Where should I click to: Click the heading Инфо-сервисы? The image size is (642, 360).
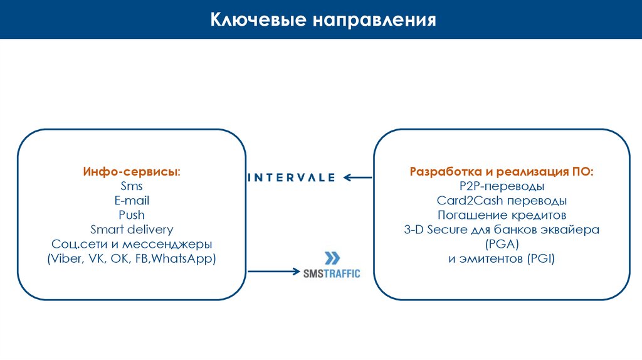pos(131,172)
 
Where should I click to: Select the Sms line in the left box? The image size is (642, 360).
pos(132,186)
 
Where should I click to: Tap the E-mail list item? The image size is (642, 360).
pos(132,201)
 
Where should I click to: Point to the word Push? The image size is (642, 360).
pos(132,215)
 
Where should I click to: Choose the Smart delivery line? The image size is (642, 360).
pos(132,230)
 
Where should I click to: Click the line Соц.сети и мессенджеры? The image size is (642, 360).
pos(132,244)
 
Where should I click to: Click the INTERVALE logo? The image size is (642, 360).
pos(292,177)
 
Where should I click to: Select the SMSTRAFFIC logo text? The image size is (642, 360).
pos(332,273)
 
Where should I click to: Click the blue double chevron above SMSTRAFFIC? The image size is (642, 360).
pos(332,258)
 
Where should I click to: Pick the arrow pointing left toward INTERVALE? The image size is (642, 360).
pos(358,178)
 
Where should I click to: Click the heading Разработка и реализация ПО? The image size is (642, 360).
pos(502,172)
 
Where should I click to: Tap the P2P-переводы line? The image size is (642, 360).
pos(502,186)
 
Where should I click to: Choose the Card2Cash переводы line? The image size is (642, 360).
pos(502,201)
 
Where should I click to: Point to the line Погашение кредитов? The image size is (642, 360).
pos(502,215)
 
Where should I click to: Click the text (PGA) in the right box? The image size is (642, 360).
pos(502,244)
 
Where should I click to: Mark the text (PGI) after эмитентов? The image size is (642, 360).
pos(540,258)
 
